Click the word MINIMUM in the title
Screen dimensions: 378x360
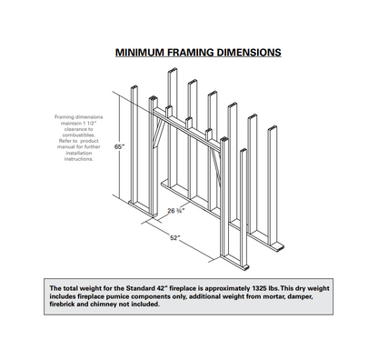click(140, 53)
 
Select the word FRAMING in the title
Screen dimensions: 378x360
click(190, 53)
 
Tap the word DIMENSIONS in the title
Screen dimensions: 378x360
click(248, 53)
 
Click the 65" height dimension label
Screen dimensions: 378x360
click(119, 146)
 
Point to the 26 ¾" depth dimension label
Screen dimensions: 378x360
click(176, 211)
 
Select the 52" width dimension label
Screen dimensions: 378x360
click(174, 238)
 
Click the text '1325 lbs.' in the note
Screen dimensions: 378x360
click(265, 288)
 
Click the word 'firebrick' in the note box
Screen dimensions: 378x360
click(62, 304)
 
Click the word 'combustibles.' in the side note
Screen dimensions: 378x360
click(79, 135)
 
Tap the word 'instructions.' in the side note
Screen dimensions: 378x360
click(79, 159)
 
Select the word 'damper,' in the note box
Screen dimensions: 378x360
click(300, 296)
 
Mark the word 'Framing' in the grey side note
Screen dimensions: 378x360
click(65, 117)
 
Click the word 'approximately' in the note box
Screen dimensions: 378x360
click(227, 288)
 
